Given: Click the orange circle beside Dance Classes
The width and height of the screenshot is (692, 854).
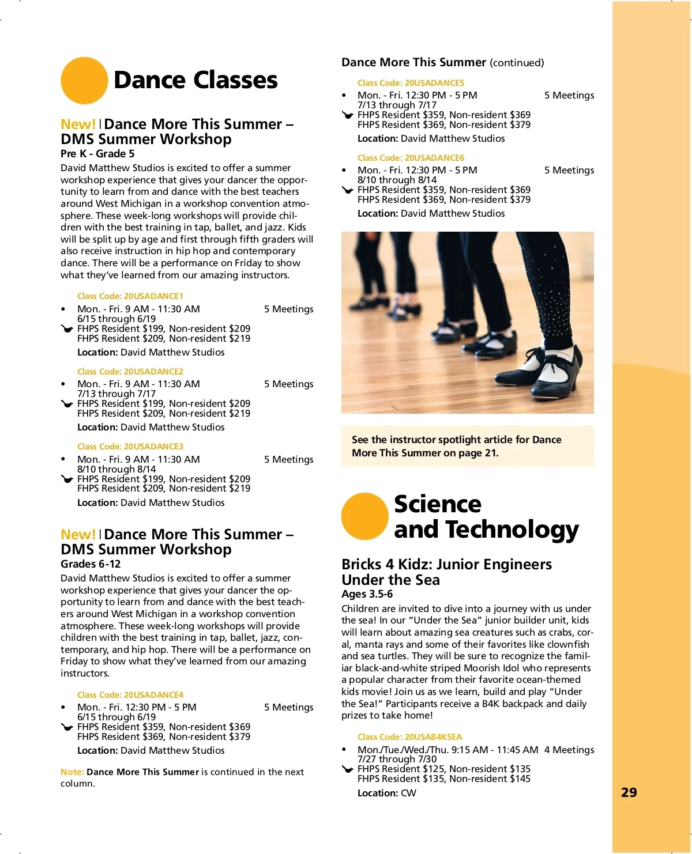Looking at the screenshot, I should [x=84, y=81].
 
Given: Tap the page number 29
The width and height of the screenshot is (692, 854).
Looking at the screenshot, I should [x=629, y=792].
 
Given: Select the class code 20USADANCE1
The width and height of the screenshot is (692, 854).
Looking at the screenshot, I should [x=130, y=296].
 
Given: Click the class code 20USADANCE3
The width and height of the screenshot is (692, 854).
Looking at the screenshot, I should [x=130, y=447].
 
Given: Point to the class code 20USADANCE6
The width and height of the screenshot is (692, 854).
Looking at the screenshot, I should [x=411, y=158].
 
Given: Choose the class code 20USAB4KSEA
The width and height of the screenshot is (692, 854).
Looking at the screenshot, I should [x=409, y=737].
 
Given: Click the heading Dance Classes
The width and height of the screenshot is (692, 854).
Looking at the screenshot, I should [x=195, y=80].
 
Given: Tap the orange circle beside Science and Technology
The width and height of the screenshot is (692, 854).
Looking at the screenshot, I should [x=364, y=516].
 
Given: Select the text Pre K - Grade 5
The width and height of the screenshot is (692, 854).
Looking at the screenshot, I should [x=97, y=154].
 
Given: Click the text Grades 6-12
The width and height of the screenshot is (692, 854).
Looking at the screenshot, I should [x=91, y=564].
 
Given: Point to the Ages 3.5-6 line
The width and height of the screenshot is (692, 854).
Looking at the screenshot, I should [x=367, y=594].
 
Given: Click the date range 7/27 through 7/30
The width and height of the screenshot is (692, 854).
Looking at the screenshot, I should [x=397, y=759].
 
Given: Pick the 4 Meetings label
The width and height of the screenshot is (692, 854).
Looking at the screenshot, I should [x=569, y=750].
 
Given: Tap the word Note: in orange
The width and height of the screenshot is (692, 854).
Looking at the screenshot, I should [x=72, y=772].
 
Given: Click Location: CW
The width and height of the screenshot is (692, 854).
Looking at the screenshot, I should [x=386, y=793].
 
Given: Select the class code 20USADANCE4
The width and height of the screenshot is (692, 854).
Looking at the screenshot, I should [x=130, y=695].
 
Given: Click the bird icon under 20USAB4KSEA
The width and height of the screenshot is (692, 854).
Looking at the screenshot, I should [x=347, y=769].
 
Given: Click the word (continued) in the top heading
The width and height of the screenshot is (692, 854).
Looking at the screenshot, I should [x=517, y=63].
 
